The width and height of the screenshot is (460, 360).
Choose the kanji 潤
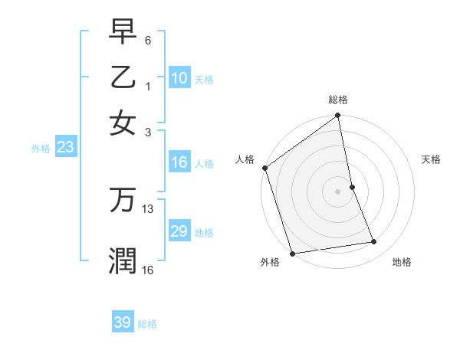[x=123, y=260]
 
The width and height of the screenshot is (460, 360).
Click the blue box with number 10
[x=179, y=78]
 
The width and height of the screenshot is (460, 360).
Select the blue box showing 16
[x=179, y=162]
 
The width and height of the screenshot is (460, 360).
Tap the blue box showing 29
[x=179, y=231]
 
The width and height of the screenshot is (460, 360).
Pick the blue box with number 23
[x=65, y=148]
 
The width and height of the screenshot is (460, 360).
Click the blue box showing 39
[x=123, y=322]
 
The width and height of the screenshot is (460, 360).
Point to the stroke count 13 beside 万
[x=148, y=208]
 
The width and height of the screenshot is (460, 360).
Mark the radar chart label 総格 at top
[x=338, y=100]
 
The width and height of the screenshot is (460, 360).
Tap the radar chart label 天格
[x=431, y=159]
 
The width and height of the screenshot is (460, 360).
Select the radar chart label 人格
[x=245, y=159]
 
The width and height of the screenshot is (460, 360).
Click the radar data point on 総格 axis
[x=338, y=117]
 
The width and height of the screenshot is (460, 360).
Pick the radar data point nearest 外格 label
[x=292, y=254]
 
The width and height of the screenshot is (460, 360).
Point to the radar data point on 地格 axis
[x=374, y=242]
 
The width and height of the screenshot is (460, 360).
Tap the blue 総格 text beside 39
[x=147, y=324]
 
